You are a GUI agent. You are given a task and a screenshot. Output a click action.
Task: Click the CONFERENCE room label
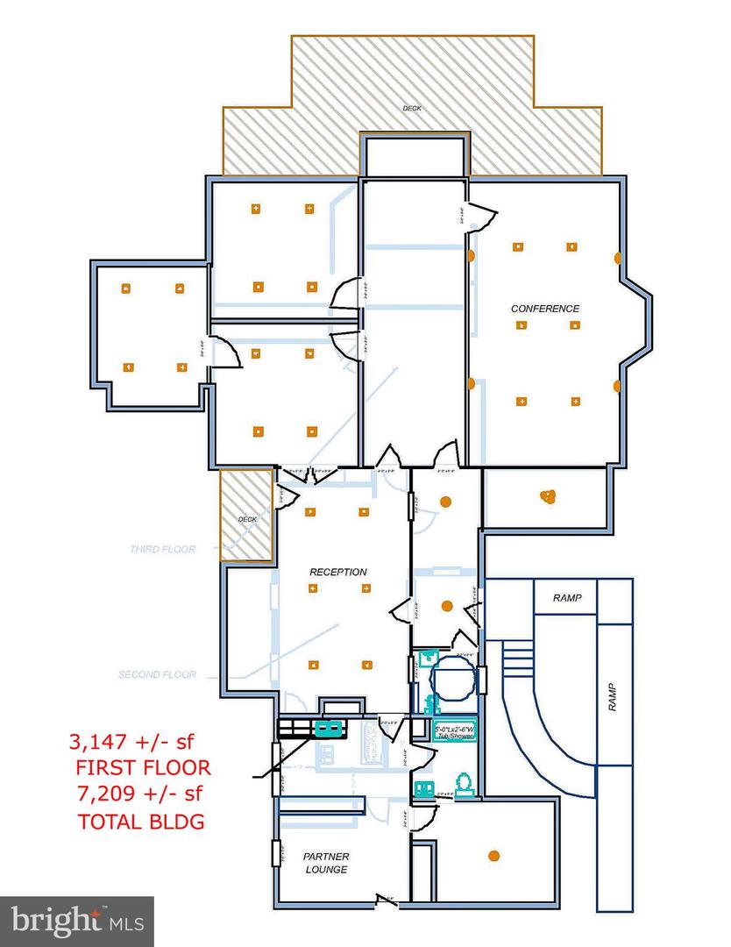coord(545,309)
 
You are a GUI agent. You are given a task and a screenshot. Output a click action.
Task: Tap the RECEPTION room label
coord(338,572)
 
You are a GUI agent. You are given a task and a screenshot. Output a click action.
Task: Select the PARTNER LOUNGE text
coord(325,863)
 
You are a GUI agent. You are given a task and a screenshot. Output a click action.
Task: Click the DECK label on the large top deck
coord(412,109)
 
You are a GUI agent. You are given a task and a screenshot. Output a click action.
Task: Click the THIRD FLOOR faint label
coord(162,550)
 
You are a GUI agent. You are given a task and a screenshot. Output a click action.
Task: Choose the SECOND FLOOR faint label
coord(157,675)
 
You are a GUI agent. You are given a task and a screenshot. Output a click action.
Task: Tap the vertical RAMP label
coord(613,698)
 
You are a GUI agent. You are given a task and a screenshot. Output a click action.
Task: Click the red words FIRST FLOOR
coord(142,768)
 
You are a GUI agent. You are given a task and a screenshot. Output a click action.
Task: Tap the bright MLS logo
coord(76,920)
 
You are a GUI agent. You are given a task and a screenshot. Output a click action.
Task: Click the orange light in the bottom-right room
coord(494,855)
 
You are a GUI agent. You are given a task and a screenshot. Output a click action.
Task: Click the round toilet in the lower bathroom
coord(463,780)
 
